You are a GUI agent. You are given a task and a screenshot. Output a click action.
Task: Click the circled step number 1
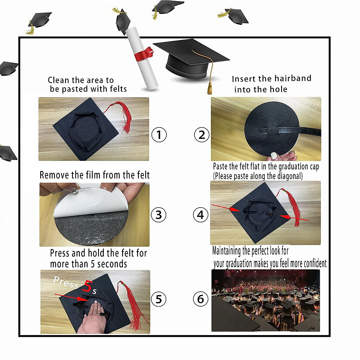coord(159,135)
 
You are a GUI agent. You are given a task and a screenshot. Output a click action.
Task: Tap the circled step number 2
coord(202,135)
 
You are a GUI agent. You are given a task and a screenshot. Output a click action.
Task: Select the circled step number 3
coord(158,215)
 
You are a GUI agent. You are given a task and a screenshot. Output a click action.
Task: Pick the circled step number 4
coord(200,215)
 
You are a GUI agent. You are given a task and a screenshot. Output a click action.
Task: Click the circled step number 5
coord(158,299)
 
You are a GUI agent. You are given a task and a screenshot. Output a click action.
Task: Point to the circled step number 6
coord(200,299)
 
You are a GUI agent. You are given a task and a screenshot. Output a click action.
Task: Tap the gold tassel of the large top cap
coord(210,88)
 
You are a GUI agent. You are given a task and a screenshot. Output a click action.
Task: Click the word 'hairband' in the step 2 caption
coord(292,79)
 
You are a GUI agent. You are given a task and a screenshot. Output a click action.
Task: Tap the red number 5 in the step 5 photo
coord(87,286)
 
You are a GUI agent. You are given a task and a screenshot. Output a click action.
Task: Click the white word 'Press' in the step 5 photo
coord(66,282)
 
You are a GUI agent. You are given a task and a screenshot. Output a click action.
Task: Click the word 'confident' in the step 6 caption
coord(315,263)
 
